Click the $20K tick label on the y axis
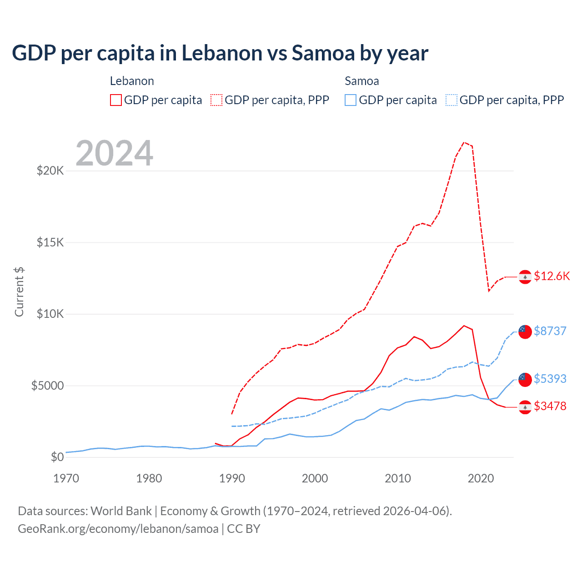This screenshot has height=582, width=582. point(50,171)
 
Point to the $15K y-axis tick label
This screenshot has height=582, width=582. point(50,242)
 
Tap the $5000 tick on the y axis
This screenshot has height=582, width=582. point(47,386)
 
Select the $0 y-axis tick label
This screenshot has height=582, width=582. point(57,457)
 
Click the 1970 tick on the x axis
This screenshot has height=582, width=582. point(66,478)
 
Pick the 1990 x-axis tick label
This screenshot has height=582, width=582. point(232,478)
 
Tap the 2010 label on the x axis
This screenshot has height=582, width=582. point(398,478)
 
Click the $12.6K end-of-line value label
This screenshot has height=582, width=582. point(552,276)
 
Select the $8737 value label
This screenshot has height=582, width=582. point(550,331)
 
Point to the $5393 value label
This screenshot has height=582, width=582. point(550,379)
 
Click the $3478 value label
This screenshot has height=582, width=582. point(550,406)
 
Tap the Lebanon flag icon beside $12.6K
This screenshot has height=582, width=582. point(525,276)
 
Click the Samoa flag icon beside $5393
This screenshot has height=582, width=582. point(525,379)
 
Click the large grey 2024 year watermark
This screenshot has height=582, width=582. point(114,153)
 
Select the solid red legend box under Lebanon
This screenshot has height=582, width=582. point(116,100)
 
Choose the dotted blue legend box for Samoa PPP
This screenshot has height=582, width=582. point(452,100)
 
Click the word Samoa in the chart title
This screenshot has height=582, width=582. point(323,53)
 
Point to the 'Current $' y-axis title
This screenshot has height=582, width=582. point(19,292)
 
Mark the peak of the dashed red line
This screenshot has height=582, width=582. point(464,142)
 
